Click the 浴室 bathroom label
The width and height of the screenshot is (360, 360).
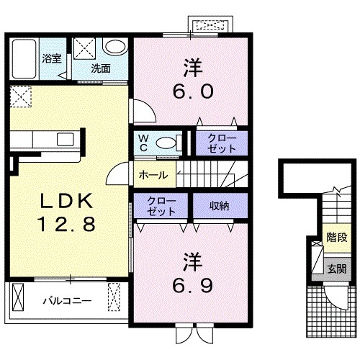click(52, 58)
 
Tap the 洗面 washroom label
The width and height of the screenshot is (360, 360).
click(101, 68)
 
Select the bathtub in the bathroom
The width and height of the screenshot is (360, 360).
click(24, 59)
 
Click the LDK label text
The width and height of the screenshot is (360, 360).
click(66, 201)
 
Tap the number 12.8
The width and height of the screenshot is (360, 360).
click(66, 224)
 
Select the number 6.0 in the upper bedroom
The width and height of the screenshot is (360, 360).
click(193, 91)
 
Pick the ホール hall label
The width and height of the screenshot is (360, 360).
click(153, 175)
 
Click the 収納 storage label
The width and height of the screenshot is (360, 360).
click(220, 206)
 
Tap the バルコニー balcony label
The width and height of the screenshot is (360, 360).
click(67, 301)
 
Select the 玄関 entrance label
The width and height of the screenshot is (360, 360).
click(337, 269)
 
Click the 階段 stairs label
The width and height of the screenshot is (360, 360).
click(337, 238)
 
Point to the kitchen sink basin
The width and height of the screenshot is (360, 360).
click(66, 140)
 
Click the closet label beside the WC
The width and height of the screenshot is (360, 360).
click(222, 143)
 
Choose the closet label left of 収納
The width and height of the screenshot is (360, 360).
click(161, 206)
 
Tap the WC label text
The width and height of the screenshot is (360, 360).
click(143, 143)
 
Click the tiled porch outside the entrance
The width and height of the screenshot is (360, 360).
click(331, 311)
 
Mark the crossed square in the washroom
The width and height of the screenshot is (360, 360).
click(84, 48)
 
